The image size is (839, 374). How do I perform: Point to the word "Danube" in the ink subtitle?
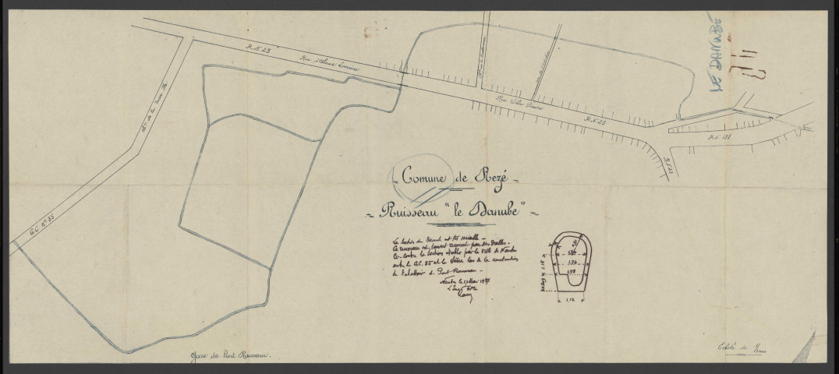tap(497, 210)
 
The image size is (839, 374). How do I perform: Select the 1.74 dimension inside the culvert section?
tap(572, 263)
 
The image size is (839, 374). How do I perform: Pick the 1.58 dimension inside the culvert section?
tap(572, 274)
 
